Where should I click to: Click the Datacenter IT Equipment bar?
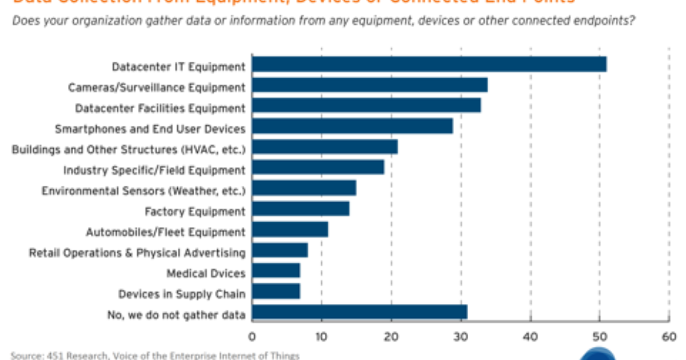(429, 65)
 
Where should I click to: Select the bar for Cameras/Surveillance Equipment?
(369, 85)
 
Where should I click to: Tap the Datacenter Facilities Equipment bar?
(366, 106)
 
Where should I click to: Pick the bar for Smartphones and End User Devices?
(352, 126)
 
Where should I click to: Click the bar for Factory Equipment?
(300, 209)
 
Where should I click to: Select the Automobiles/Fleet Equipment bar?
(290, 230)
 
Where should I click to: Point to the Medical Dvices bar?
(276, 271)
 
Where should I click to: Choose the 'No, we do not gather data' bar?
(359, 312)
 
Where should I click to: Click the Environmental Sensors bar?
(304, 188)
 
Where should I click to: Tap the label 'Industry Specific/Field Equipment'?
(154, 170)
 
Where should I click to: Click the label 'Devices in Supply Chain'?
(181, 294)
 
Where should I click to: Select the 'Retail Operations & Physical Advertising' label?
(137, 253)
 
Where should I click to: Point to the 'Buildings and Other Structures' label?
(129, 150)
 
